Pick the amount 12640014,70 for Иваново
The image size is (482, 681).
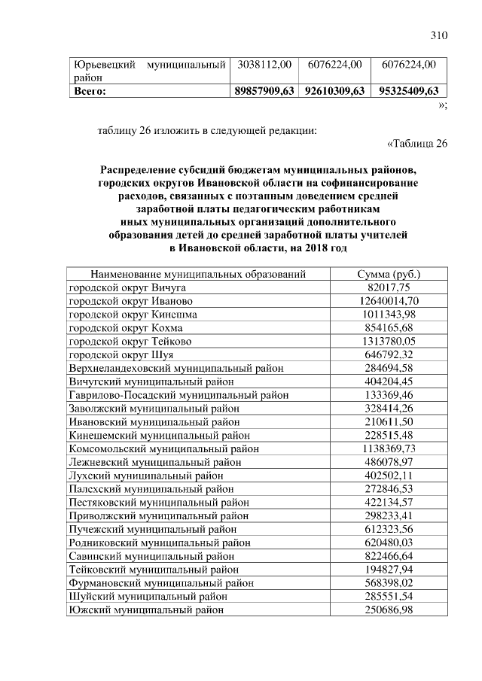(389, 301)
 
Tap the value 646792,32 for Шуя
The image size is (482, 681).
(389, 355)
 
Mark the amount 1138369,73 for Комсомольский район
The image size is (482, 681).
(389, 449)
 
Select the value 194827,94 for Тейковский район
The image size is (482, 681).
(389, 570)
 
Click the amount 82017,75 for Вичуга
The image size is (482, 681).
(389, 287)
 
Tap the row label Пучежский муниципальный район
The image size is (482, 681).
(154, 530)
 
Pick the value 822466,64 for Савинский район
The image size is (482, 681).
(389, 556)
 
